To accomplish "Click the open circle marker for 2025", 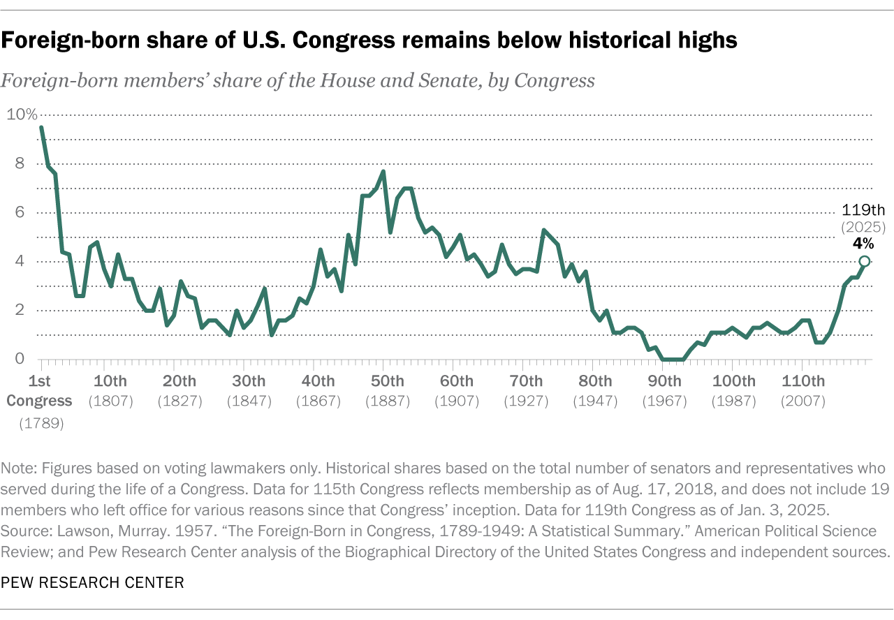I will pos(865,261).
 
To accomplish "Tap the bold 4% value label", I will pos(863,243).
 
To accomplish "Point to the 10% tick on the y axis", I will pos(21,115).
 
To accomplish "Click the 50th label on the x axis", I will pos(387,381).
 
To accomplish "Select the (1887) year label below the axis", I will pos(387,401).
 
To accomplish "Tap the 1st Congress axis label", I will pos(41,391).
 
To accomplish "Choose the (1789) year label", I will pos(41,422).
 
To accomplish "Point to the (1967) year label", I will pos(664,401).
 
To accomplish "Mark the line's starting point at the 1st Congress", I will pos(42,128).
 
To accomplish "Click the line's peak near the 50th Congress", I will pos(383,172).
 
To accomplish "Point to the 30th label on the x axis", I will pos(249,381).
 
